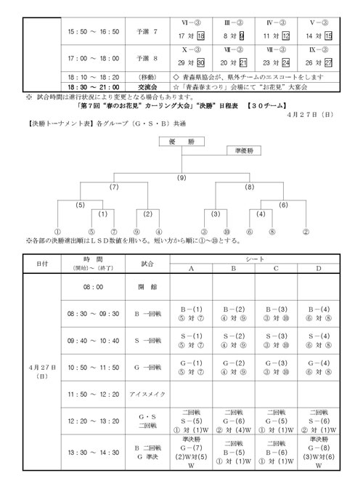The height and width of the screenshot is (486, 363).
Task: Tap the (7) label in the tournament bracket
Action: (114, 187)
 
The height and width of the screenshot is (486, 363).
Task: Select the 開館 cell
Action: (147, 287)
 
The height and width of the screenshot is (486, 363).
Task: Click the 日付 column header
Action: (42, 264)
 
